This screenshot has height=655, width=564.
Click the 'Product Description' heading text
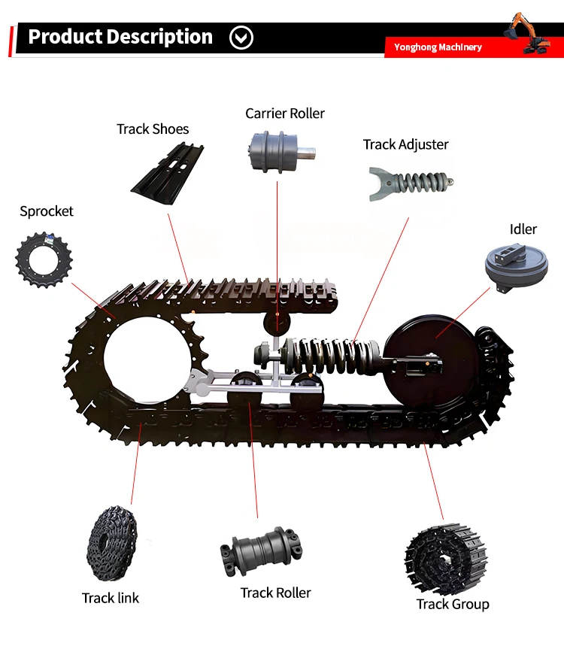120,37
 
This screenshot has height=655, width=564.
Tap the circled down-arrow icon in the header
241,38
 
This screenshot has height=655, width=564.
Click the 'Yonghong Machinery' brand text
438,47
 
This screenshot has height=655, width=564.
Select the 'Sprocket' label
47,211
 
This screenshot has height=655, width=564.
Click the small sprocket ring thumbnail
44,260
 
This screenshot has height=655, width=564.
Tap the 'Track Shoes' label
153,129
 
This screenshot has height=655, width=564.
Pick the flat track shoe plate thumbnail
168,174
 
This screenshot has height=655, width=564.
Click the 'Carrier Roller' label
285,114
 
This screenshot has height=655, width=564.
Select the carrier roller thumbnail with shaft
281,151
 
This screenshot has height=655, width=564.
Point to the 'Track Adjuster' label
405,144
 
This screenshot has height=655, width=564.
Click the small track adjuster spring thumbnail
411,183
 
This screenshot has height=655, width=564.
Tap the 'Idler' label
523,229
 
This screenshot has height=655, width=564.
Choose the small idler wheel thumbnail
517,268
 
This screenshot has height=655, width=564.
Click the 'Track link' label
111,598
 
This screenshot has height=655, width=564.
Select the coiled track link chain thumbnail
112,544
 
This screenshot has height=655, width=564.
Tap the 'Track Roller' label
276,593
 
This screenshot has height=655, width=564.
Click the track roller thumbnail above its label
262,551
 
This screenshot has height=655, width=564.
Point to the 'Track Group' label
453,605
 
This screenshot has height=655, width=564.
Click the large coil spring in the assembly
331,356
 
